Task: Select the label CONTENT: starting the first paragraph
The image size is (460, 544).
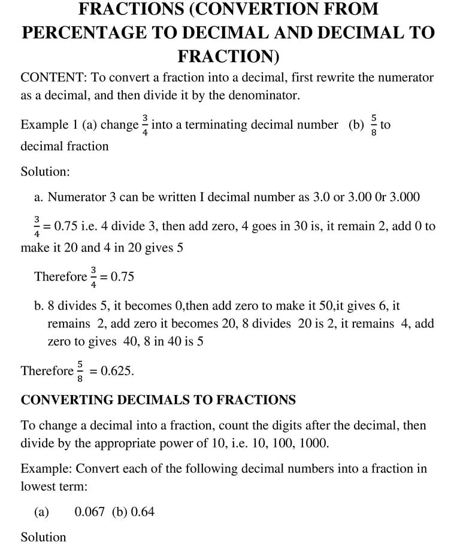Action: pos(52,77)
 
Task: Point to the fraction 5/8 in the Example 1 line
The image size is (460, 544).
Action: pos(374,125)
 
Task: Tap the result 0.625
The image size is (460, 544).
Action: pos(117,370)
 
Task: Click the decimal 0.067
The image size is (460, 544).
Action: pos(89,512)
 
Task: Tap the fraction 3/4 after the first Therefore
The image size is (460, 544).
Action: pos(93,276)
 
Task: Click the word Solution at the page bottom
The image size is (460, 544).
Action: pos(43,537)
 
